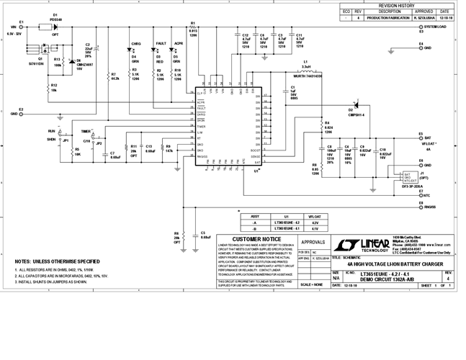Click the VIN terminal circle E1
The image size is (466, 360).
pyautogui.click(x=22, y=27)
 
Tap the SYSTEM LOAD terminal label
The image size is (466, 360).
pyautogui.click(x=440, y=27)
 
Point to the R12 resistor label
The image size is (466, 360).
pyautogui.click(x=54, y=86)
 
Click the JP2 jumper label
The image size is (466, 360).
pyautogui.click(x=100, y=144)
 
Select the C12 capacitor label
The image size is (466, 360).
pyautogui.click(x=246, y=34)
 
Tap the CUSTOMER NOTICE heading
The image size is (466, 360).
pyautogui.click(x=256, y=240)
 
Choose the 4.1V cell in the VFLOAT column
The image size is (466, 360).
pyautogui.click(x=314, y=229)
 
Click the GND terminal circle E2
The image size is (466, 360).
pyautogui.click(x=22, y=114)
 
